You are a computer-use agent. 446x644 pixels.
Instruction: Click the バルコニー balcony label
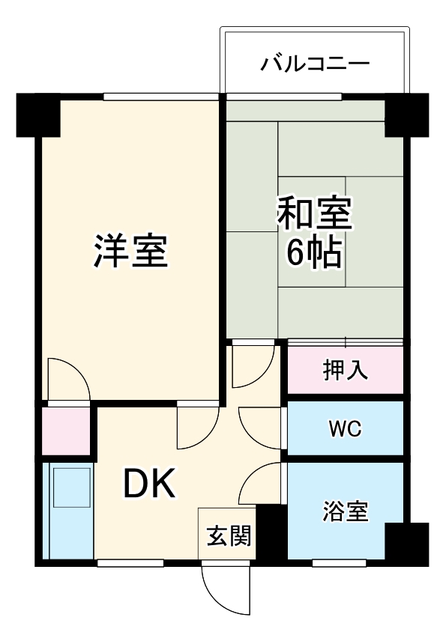315,64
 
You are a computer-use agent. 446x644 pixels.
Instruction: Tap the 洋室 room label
130,251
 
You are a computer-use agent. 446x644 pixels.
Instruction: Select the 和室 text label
314,214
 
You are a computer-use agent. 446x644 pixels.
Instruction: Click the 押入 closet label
346,370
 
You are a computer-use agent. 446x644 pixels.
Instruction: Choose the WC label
345,429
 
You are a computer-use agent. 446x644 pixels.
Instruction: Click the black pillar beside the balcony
406,114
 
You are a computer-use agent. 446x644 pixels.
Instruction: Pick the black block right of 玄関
271,534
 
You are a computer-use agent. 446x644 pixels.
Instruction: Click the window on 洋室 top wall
160,96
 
